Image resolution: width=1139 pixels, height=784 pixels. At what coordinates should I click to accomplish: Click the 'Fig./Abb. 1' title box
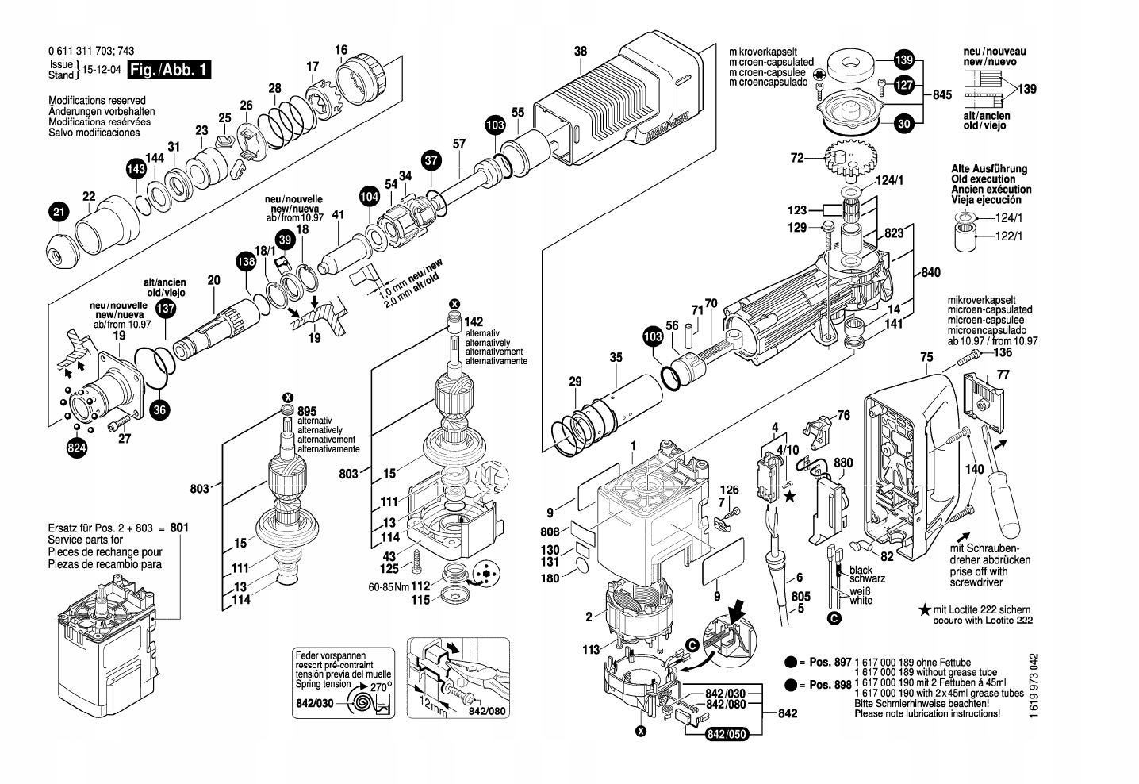tap(170, 70)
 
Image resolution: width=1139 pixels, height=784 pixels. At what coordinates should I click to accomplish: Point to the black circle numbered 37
tap(431, 161)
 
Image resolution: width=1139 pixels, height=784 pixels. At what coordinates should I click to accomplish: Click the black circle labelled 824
tap(76, 449)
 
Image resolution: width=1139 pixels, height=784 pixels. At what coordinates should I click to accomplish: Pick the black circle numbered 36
tap(160, 409)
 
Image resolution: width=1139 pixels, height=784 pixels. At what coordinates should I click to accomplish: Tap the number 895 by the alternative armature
tap(307, 411)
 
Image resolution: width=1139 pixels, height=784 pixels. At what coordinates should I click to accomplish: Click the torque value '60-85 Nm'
tap(389, 587)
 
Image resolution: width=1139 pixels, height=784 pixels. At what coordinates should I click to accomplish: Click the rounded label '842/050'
tap(727, 734)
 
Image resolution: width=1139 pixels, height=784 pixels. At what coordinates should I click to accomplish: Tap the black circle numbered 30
tap(904, 123)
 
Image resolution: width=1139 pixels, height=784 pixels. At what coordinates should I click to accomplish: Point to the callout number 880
tap(843, 463)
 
